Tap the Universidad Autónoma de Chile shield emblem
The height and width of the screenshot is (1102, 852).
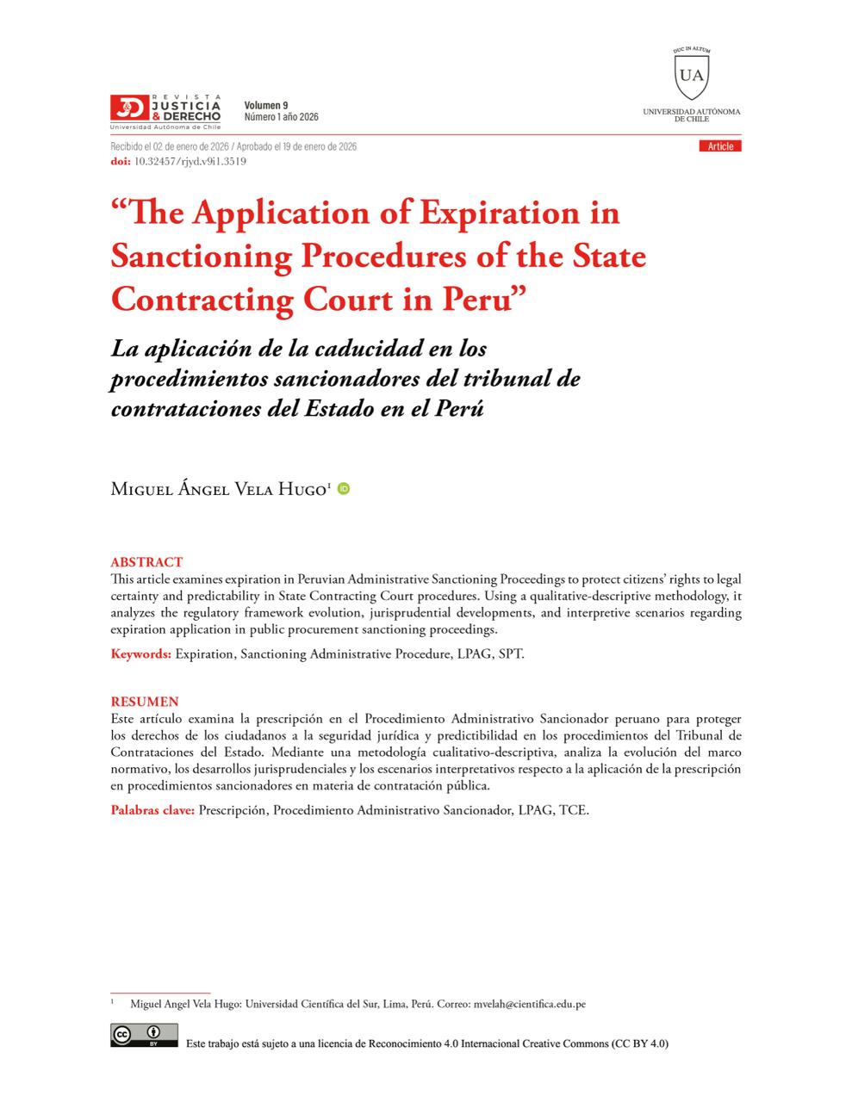pos(691,74)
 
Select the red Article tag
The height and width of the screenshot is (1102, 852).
pos(720,146)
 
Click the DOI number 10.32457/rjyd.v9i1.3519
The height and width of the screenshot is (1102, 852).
pos(190,161)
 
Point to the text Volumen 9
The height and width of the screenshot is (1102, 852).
pos(266,105)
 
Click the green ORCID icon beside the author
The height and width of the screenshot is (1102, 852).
pos(344,489)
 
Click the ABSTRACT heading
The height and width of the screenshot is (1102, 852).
pos(146,562)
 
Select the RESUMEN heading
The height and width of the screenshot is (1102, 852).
pos(145,702)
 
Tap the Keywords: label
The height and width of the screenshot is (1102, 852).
pos(140,653)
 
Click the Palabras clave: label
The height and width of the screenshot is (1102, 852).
pos(152,810)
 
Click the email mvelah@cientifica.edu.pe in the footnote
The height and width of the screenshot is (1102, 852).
pos(530,1004)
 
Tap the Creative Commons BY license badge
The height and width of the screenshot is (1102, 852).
pos(144,1035)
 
